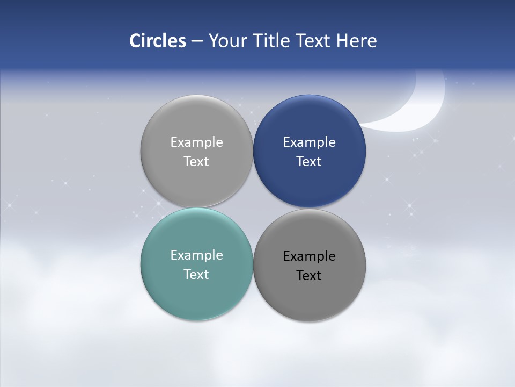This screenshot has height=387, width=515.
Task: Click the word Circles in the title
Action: point(158,41)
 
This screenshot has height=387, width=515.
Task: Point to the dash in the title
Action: point(197,41)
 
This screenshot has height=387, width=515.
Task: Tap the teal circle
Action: point(196,293)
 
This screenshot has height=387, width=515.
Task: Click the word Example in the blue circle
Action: point(310,142)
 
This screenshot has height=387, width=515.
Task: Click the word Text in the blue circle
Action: point(310,161)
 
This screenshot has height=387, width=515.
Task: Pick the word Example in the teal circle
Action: point(196,255)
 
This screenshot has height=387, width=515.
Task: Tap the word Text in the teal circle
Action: point(196,274)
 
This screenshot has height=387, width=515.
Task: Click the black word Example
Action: point(310,256)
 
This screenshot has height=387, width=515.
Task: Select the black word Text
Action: point(310,275)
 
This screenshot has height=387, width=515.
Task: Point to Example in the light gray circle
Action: point(196,142)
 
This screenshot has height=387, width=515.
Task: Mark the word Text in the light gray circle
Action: point(196,161)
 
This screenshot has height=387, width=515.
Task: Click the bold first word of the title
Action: point(158,41)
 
